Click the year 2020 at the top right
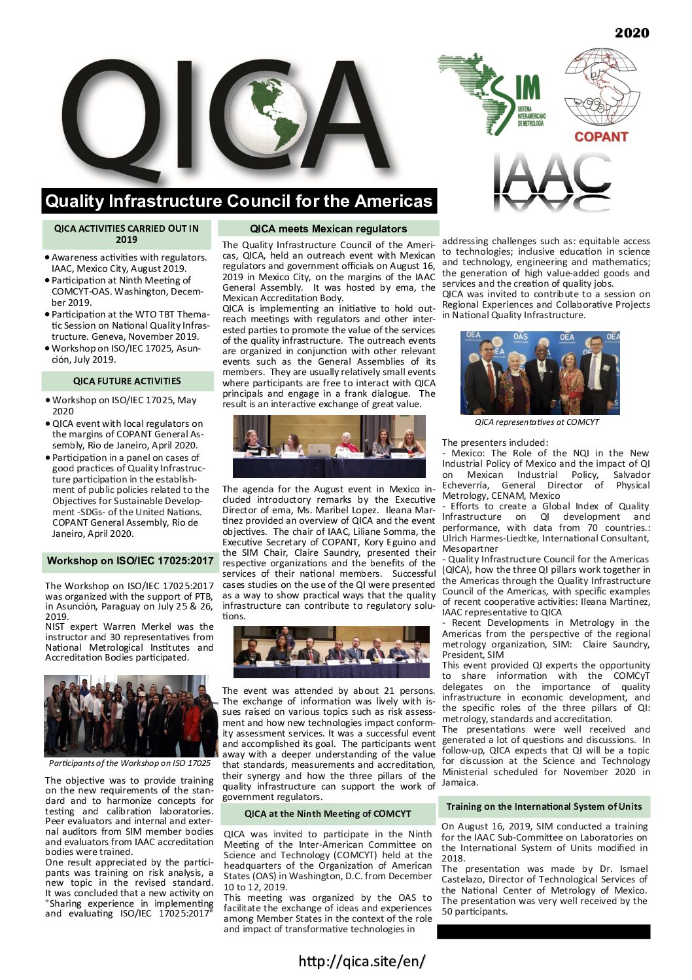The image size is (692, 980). tap(631, 33)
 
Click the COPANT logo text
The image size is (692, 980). tap(600, 137)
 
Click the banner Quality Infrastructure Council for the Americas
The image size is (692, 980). tap(239, 200)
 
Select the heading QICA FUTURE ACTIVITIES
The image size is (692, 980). tap(127, 381)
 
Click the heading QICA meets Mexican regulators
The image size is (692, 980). tap(328, 228)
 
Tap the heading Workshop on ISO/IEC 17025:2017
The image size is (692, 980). tap(130, 561)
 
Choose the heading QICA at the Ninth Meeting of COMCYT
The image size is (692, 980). tap(328, 814)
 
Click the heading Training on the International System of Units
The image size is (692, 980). tap(544, 807)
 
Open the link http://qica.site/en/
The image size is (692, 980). tap(362, 961)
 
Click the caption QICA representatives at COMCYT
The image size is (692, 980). tap(536, 422)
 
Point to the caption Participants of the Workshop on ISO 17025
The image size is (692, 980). tap(130, 763)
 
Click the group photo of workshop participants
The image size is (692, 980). tap(131, 716)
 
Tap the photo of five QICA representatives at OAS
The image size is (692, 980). tap(541, 372)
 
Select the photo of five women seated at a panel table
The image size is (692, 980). tap(329, 446)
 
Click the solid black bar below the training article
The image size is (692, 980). tap(544, 932)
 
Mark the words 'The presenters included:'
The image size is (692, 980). tap(495, 443)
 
